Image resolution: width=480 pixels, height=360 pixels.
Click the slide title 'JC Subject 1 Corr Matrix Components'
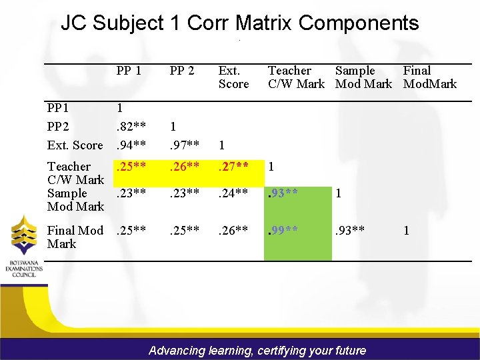[240, 23]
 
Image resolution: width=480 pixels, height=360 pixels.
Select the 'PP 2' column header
[182, 71]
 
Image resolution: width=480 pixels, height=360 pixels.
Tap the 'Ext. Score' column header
[233, 77]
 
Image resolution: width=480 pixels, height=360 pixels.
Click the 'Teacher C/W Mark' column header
[295, 77]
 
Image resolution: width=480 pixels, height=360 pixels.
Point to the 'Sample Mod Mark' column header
[363, 77]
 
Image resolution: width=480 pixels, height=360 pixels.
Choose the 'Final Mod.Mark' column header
[429, 77]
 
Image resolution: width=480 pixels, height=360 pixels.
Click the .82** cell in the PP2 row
[131, 126]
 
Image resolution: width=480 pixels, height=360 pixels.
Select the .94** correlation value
[131, 145]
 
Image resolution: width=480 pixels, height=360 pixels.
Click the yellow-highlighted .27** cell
[234, 167]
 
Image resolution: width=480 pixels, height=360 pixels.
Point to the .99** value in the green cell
[283, 231]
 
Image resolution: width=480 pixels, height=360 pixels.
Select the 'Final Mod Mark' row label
[75, 237]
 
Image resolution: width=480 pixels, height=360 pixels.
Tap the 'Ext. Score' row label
[75, 145]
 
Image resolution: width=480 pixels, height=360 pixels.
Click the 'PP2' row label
[58, 126]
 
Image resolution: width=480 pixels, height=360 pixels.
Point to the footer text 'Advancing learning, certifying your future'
[257, 350]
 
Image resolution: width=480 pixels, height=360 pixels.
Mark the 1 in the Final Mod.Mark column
[406, 231]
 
